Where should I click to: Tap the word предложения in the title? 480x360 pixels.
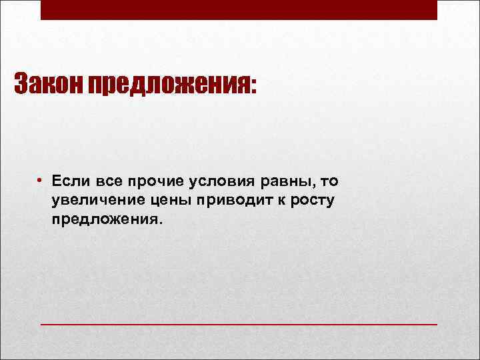point(169,85)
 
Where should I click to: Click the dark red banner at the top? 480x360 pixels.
point(239,10)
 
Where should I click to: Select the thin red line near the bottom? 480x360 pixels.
point(239,323)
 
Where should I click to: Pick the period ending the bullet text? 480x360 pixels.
point(159,223)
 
